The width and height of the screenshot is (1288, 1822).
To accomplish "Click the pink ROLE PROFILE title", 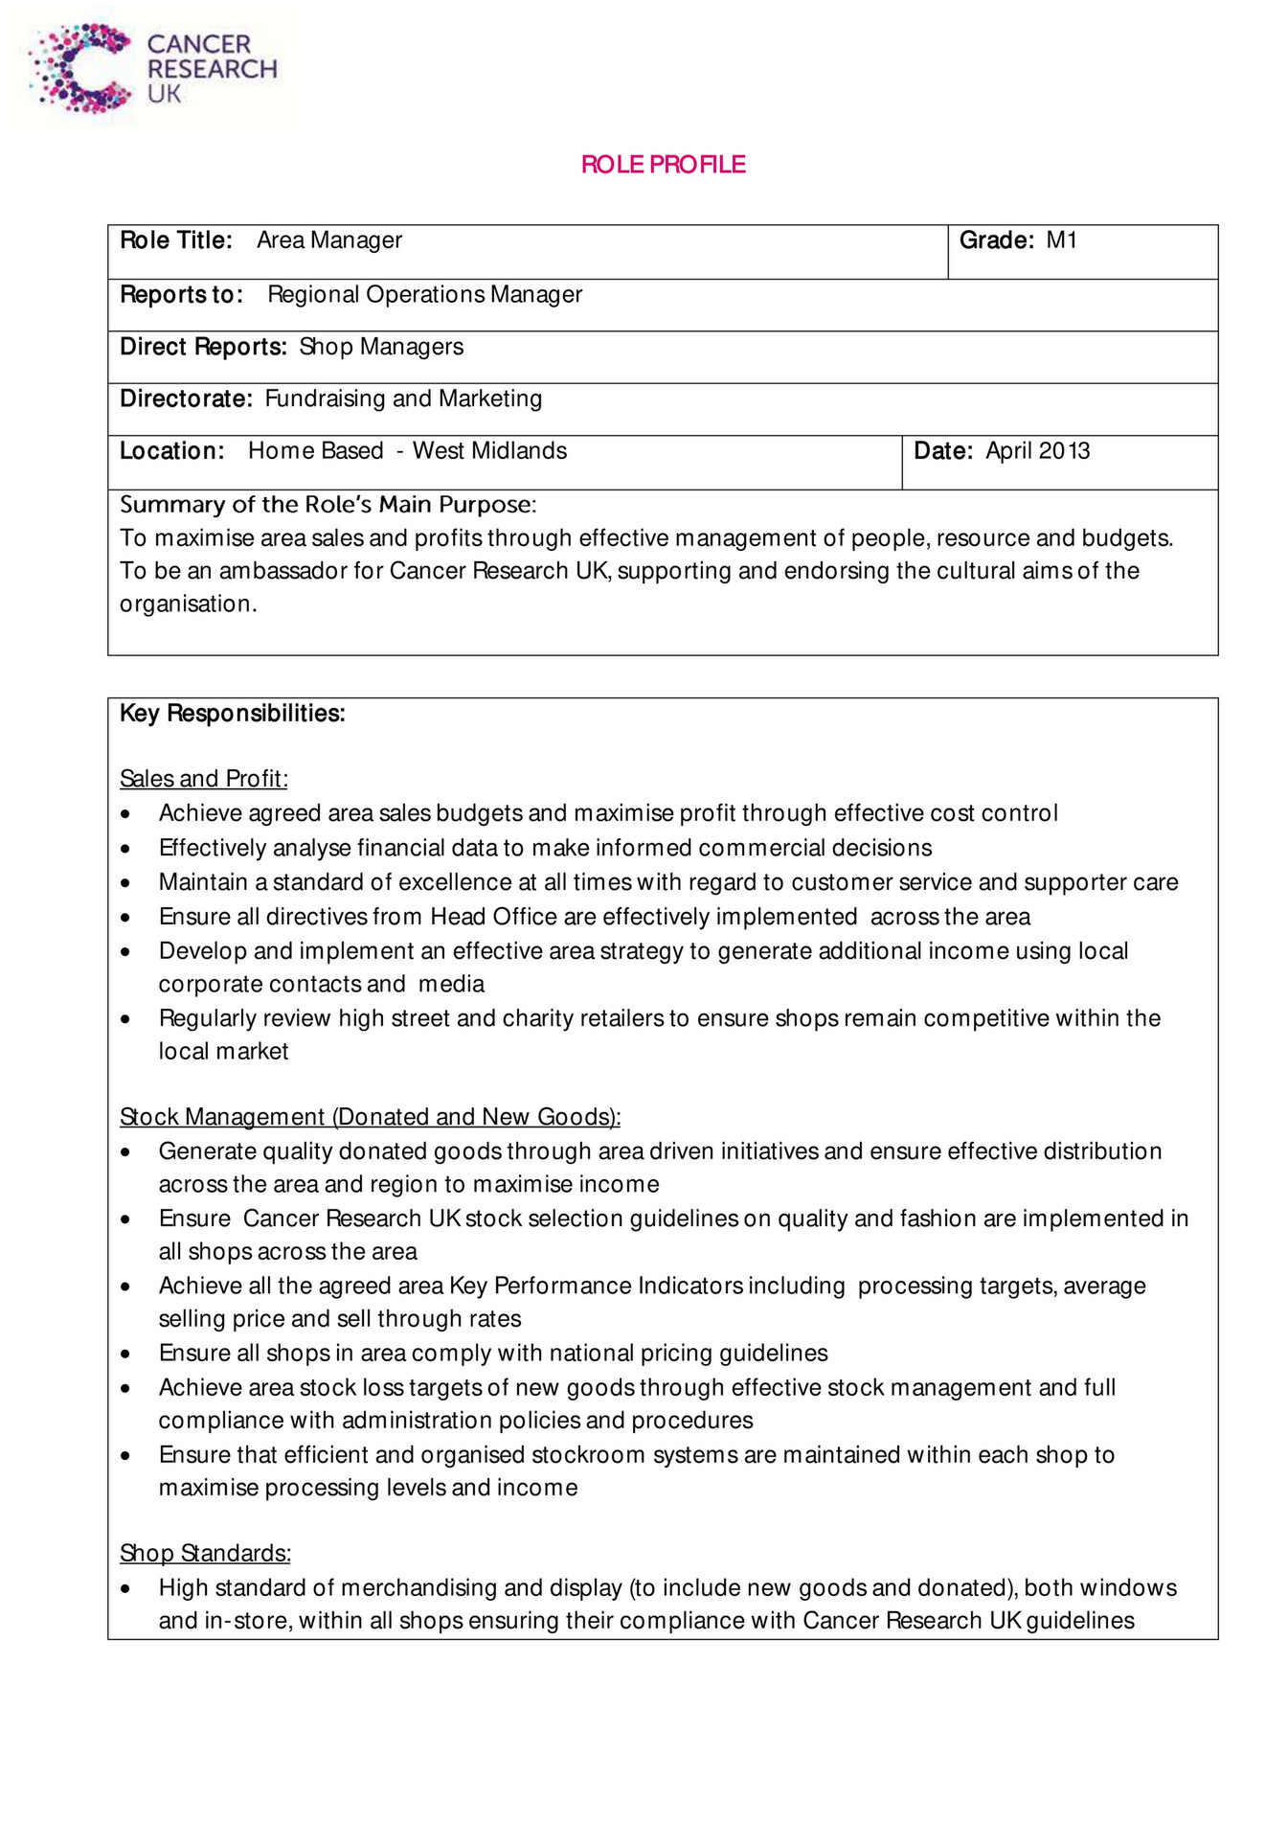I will [x=663, y=165].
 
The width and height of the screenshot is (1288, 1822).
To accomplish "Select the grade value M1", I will [x=1061, y=240].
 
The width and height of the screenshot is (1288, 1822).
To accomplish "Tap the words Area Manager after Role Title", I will [x=328, y=240].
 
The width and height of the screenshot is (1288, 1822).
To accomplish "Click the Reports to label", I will [x=181, y=295].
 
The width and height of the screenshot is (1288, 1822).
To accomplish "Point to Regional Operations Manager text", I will [x=424, y=295].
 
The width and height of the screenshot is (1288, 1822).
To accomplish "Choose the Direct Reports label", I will [x=203, y=347].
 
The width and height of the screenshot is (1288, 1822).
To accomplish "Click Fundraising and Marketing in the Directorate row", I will [x=403, y=399].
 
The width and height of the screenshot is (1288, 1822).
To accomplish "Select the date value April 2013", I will [x=1037, y=451].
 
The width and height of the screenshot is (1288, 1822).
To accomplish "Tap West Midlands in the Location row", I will [x=489, y=451].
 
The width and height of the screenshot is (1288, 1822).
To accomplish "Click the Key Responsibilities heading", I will [x=232, y=714].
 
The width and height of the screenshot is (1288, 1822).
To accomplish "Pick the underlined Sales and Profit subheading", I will [x=203, y=779].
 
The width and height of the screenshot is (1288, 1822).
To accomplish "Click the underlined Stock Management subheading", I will [x=370, y=1117].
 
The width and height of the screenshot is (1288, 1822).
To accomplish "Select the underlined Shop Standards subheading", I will [x=205, y=1553].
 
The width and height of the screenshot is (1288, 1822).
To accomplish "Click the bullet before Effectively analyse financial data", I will [x=125, y=849].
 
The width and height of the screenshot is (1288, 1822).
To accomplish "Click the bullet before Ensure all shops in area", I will [x=125, y=1354].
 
